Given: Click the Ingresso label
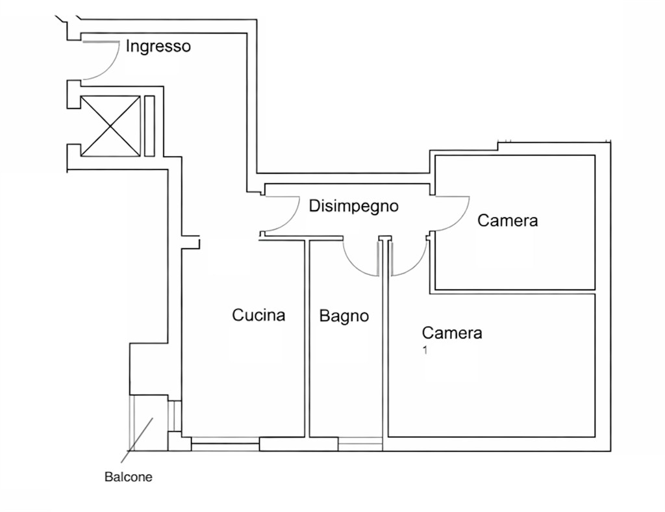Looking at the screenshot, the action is [158, 47].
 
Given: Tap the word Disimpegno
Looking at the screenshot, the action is [354, 206].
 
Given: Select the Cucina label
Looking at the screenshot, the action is [258, 314].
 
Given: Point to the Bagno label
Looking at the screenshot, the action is [344, 316].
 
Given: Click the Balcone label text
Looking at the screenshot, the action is [128, 477].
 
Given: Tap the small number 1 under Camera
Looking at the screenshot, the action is [425, 350].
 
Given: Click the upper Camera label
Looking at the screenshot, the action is [507, 220].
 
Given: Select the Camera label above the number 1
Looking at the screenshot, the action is [452, 333].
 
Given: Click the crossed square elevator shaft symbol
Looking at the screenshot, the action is [110, 126].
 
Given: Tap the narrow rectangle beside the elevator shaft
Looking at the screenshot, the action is [149, 126].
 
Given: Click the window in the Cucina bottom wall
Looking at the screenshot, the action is [225, 444].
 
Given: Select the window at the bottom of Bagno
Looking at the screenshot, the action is [360, 444].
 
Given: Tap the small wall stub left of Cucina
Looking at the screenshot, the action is [191, 242].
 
